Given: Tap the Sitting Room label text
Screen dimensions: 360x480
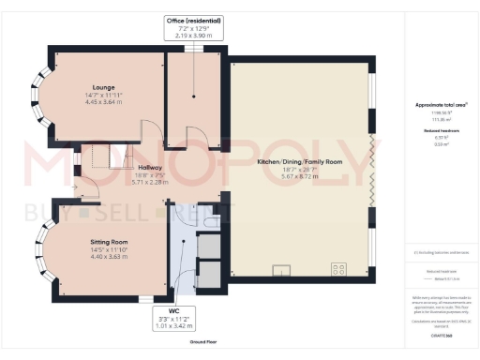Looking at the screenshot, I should pos(110,241).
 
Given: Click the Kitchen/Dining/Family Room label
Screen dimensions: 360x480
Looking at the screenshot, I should pos(301,161).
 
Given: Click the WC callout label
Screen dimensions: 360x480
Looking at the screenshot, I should pos(173,310).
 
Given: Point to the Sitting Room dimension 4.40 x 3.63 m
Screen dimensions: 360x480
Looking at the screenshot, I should pos(110,256).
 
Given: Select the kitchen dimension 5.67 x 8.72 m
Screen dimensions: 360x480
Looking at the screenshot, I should pos(301,176).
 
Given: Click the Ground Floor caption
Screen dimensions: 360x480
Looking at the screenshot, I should pos(205,343).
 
